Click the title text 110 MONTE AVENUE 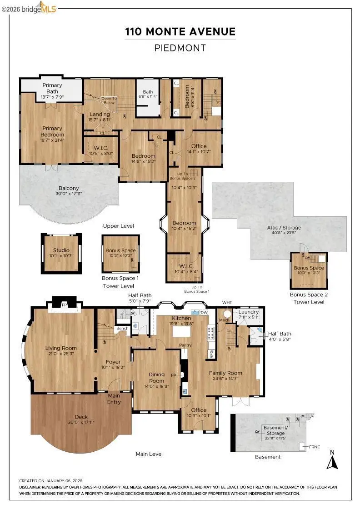click(x=180, y=32)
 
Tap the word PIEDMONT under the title click(x=180, y=48)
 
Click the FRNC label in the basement click(x=315, y=447)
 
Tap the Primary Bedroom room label click(x=52, y=131)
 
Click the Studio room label click(x=61, y=250)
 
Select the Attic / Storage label click(x=284, y=228)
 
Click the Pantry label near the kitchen click(x=185, y=345)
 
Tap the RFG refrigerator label click(x=211, y=354)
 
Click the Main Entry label click(x=114, y=399)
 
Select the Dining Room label click(x=156, y=378)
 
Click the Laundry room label click(x=249, y=312)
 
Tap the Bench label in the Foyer click(x=122, y=328)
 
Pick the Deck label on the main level click(x=81, y=416)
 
